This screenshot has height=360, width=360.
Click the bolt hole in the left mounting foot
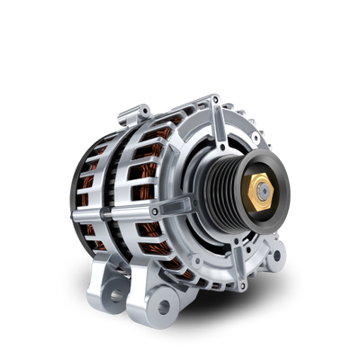coord(116,294)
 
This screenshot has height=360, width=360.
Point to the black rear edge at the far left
coord(70,193)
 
